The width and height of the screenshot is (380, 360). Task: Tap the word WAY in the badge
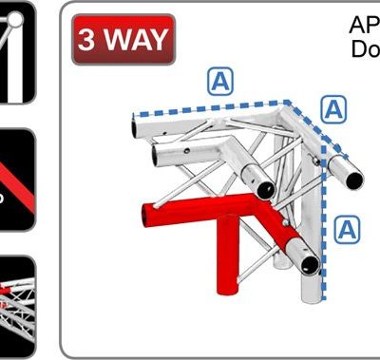point(132,41)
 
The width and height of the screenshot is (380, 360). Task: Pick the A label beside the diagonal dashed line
point(333,110)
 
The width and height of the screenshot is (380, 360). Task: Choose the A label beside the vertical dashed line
point(349,227)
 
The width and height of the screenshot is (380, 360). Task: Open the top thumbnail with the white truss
point(18,52)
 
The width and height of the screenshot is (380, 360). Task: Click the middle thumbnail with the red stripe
point(18,180)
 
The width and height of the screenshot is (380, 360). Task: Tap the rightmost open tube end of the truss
point(351,176)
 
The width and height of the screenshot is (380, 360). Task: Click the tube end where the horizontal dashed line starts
point(136,123)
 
